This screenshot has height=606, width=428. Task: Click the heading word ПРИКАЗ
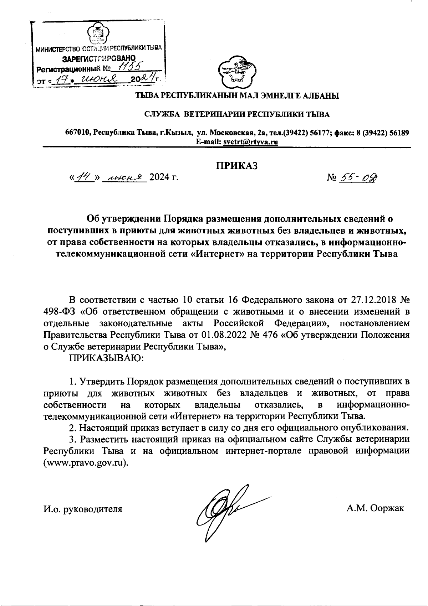click(x=236, y=166)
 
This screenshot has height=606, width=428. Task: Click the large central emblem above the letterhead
click(x=237, y=72)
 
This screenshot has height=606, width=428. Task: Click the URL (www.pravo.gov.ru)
click(x=86, y=463)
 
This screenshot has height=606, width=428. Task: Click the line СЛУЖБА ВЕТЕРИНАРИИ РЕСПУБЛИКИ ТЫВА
click(x=237, y=114)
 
